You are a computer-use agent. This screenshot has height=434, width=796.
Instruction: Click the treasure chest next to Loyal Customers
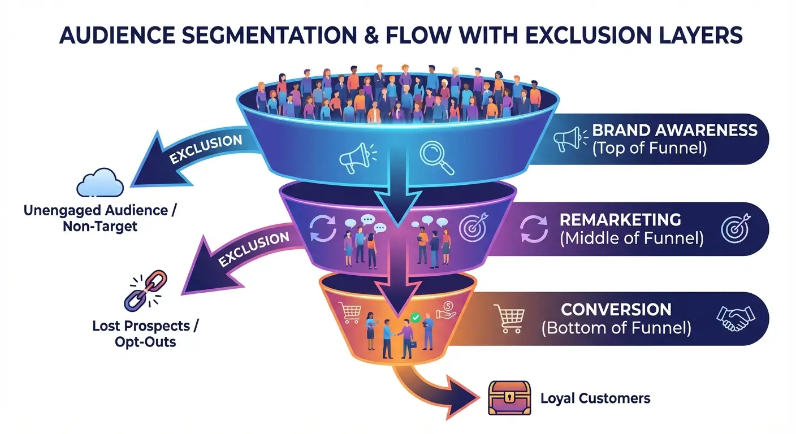pos(509,398)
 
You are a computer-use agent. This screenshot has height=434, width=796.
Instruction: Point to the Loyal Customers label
pos(595,398)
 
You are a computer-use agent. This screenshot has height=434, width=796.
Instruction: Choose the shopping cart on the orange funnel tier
pos(349,311)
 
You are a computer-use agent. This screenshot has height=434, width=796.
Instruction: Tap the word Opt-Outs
pos(146,342)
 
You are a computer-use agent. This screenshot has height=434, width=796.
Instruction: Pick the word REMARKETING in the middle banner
pos(620,220)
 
